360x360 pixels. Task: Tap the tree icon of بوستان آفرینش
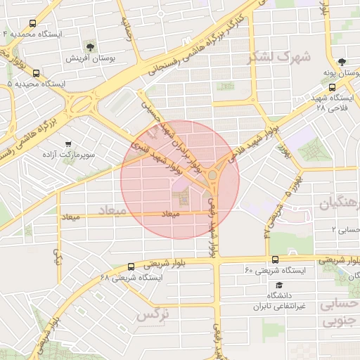[90, 47]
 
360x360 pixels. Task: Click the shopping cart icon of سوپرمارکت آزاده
[67, 142]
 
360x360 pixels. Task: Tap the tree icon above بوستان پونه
[342, 62]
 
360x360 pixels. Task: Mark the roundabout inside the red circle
[213, 174]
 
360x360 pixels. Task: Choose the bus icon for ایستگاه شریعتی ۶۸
[131, 266]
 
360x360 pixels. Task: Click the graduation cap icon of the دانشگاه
[280, 285]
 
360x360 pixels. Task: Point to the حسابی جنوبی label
[340, 314]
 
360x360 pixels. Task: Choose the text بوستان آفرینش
[90, 58]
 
